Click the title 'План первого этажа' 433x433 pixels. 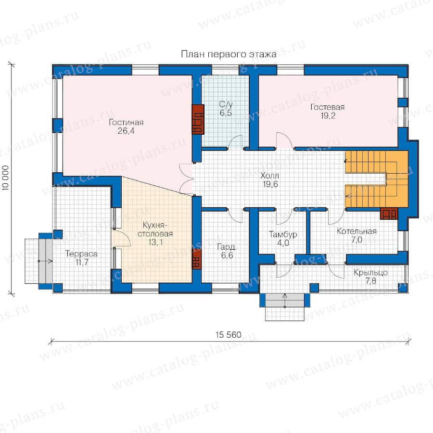click(x=229, y=54)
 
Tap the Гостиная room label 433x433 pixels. click(x=126, y=122)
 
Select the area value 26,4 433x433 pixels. click(x=126, y=130)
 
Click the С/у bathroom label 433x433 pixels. click(x=226, y=104)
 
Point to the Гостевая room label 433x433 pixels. click(x=328, y=107)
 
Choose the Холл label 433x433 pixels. click(x=269, y=175)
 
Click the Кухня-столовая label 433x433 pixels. click(x=155, y=229)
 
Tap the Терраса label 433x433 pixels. click(x=81, y=254)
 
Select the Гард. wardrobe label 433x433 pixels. click(x=227, y=247)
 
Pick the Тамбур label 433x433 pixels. click(x=283, y=234)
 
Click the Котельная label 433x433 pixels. click(x=357, y=231)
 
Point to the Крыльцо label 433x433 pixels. click(x=370, y=273)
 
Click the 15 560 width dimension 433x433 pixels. click(x=229, y=335)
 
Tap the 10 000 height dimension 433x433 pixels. click(x=5, y=178)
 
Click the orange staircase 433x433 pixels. click(x=376, y=178)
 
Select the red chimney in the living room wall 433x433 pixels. click(x=198, y=119)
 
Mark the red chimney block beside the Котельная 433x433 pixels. click(x=389, y=214)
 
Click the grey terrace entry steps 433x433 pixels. click(x=46, y=261)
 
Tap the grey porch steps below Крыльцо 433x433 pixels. click(x=285, y=300)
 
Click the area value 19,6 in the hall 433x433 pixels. click(x=270, y=184)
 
